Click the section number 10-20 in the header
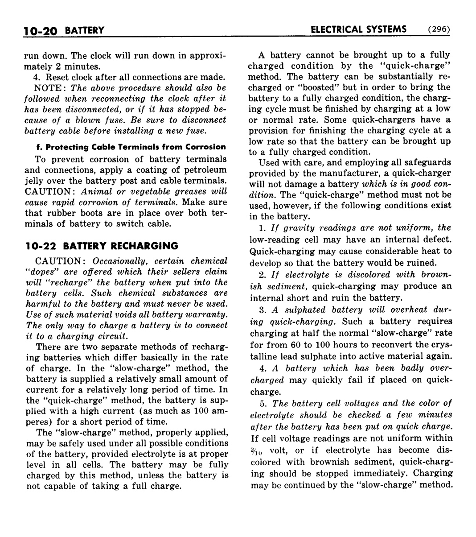coord(41,30)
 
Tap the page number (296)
coord(438,29)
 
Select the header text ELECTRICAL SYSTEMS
coord(358,29)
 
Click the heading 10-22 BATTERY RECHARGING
coord(102,246)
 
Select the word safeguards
coord(429,162)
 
